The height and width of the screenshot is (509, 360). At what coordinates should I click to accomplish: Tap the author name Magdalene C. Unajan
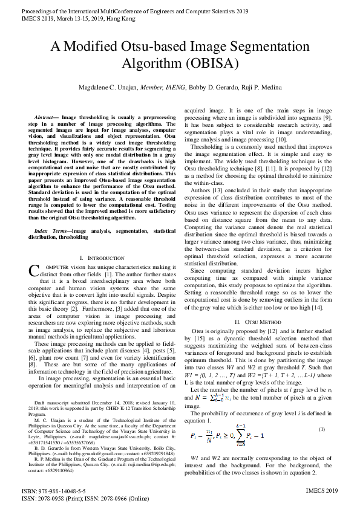tap(109, 88)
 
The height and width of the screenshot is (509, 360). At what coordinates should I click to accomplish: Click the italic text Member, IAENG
tap(162, 88)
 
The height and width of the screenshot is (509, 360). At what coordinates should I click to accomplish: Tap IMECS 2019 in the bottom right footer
tap(322, 491)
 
